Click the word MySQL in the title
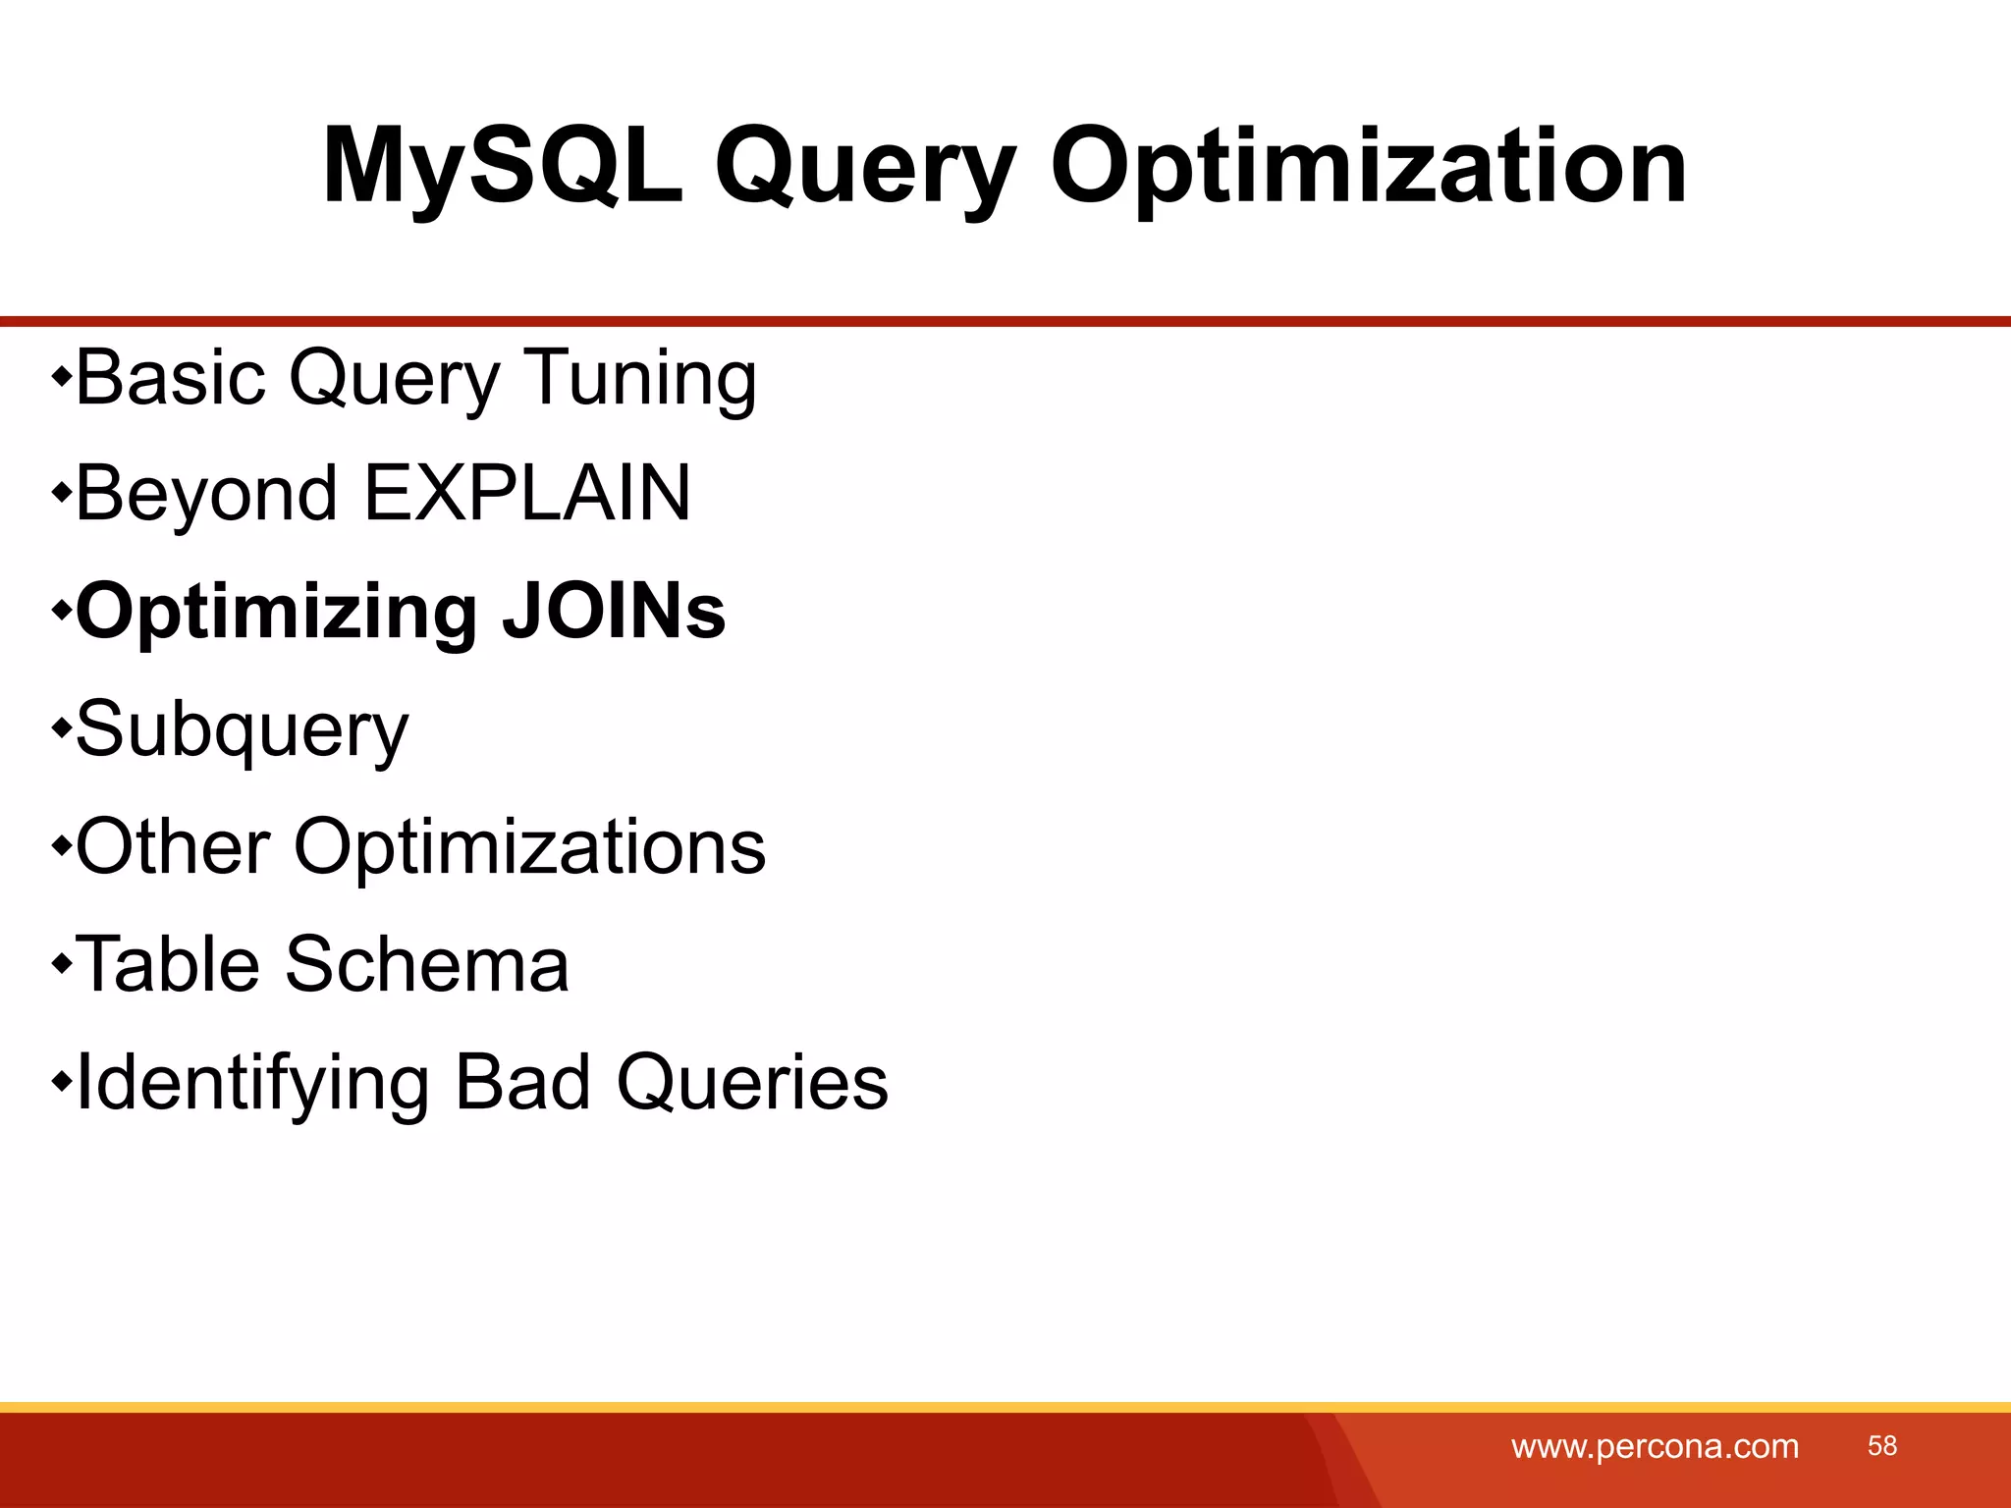502,167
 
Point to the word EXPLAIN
527,493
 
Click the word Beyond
207,494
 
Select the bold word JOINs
613,611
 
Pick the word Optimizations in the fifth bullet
529,848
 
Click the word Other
173,846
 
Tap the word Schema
426,964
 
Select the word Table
167,964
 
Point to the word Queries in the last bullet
751,1083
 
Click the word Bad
522,1082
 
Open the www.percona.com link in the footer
1655,1446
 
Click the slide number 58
1881,1445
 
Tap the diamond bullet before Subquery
62,728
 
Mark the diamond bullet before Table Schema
62,964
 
